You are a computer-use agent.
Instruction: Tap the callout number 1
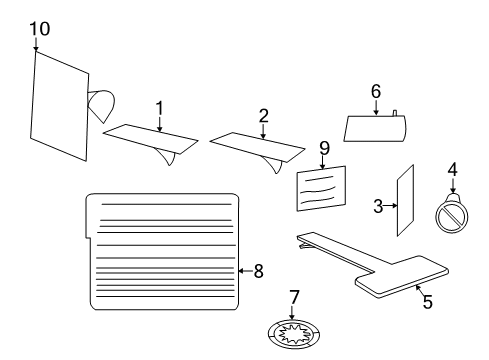(158, 107)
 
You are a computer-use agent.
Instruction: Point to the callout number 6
(376, 91)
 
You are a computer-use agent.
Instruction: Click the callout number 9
(324, 147)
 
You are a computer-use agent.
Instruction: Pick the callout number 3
(378, 207)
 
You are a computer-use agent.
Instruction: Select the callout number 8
(258, 269)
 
